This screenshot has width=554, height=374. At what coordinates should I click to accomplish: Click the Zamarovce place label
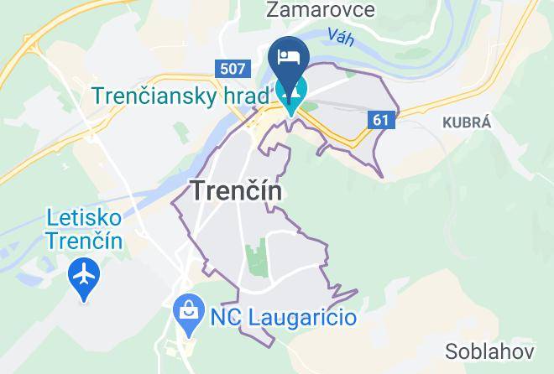pyautogui.click(x=307, y=10)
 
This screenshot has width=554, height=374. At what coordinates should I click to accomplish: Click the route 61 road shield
pyautogui.click(x=381, y=120)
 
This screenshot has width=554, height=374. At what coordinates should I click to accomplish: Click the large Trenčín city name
pyautogui.click(x=237, y=190)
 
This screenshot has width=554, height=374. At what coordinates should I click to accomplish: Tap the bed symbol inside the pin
pyautogui.click(x=289, y=57)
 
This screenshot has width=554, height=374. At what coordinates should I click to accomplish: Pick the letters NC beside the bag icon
pyautogui.click(x=224, y=318)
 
